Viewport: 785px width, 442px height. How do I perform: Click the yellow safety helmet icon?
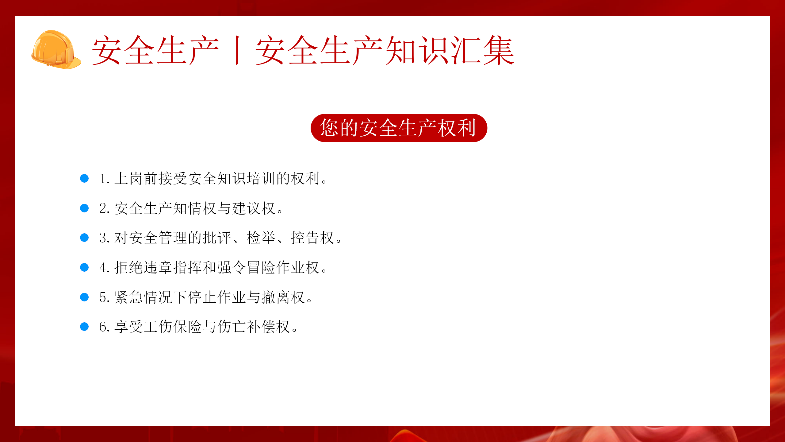(x=56, y=49)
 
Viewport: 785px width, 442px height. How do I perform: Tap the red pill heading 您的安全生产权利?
(x=399, y=128)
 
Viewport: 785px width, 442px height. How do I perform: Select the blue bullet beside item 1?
(x=84, y=178)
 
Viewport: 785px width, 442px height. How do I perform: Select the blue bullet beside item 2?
(x=84, y=208)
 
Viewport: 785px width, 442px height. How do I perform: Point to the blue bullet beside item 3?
(x=84, y=238)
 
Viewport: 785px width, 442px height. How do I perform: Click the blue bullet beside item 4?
(x=84, y=267)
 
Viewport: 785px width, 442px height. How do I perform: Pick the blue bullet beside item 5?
(x=84, y=297)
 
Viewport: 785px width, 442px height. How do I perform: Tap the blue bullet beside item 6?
(x=84, y=327)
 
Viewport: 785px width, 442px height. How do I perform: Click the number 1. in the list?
(x=105, y=179)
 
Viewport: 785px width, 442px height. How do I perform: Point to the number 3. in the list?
(x=105, y=238)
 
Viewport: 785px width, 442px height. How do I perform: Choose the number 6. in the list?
(x=105, y=327)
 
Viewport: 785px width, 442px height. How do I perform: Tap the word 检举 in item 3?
(x=261, y=238)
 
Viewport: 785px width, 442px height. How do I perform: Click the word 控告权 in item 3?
(x=312, y=238)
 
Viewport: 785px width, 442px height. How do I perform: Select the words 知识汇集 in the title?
(x=450, y=50)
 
